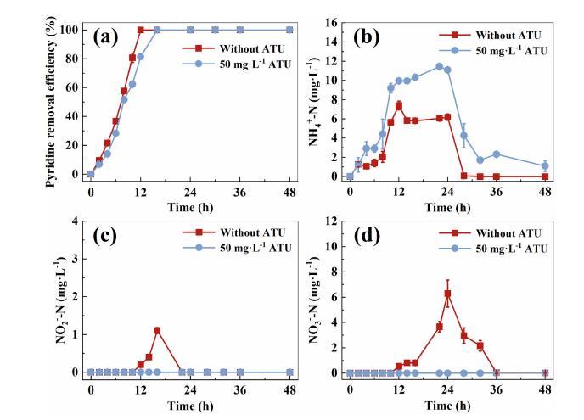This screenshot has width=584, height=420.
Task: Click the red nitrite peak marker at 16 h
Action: tap(157, 330)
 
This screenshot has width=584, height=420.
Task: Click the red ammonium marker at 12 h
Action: tap(398, 105)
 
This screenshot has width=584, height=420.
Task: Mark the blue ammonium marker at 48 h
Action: tap(545, 166)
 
